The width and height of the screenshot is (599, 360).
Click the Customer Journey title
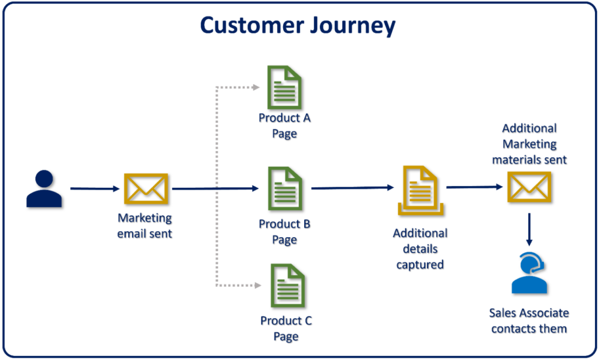pos(298,26)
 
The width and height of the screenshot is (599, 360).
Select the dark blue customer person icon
pos(44,188)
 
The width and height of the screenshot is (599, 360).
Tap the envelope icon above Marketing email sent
pos(146,189)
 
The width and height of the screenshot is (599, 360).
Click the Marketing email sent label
pos(145,225)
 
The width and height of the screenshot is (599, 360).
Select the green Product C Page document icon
pos(287,286)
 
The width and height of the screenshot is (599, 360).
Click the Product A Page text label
pos(285,126)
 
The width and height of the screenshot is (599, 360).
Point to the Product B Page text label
pos(285,232)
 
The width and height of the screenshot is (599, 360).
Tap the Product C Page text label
pos(286,328)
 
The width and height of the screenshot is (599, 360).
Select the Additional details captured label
pos(420,249)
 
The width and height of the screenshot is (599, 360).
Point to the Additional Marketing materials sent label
pos(529,143)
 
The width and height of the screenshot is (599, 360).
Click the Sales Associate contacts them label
pos(529,321)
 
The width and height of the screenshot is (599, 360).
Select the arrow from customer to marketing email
pos(94,188)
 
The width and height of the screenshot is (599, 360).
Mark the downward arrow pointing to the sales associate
pos(529,229)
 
